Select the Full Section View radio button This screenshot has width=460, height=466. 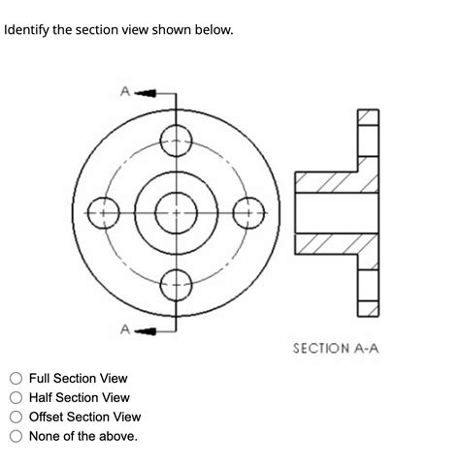(x=16, y=378)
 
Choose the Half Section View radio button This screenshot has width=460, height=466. (x=16, y=397)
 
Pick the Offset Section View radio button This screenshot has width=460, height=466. (x=16, y=417)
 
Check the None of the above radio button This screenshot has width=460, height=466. (x=16, y=436)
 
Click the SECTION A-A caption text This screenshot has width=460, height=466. (x=335, y=346)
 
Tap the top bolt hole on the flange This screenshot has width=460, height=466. (x=176, y=138)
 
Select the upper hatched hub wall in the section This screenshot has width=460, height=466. (x=335, y=182)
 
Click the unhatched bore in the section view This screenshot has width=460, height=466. (x=335, y=211)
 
